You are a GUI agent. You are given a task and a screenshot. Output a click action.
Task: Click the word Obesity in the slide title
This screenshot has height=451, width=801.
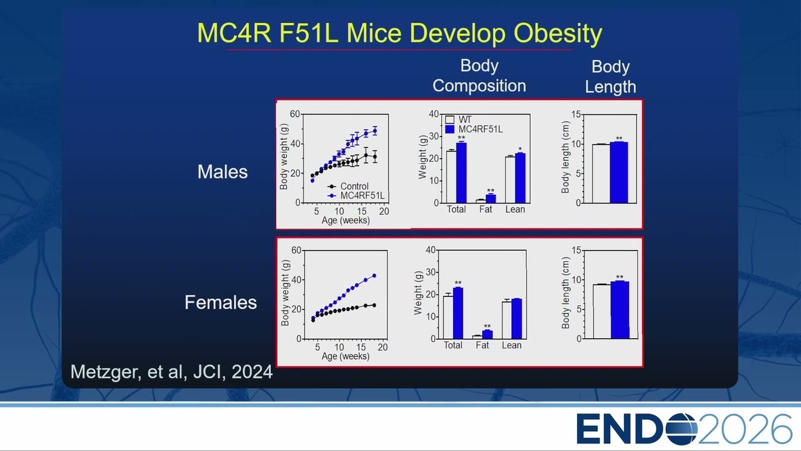pos(558,34)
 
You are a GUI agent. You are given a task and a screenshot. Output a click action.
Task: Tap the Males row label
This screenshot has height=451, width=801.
pos(222,172)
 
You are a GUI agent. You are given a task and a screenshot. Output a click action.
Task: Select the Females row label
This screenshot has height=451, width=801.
pos(221,303)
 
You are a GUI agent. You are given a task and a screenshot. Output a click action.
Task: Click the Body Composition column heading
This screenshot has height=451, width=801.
pos(479,76)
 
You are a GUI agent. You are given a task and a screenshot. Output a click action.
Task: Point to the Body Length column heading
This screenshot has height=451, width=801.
pos(610,76)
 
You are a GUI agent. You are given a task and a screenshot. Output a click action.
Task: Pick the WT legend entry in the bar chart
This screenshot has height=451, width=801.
pos(459,120)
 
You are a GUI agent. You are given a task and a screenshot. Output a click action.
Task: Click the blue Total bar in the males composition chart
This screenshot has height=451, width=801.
pos(461,173)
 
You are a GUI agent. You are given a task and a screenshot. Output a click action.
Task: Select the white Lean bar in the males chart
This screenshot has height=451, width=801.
pos(510,180)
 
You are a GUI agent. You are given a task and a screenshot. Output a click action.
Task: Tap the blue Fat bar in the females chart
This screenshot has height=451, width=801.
pos(487,334)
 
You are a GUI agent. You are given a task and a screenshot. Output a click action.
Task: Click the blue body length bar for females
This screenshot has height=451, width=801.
pos(620,310)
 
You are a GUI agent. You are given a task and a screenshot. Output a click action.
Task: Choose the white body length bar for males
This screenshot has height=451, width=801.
pos(601,174)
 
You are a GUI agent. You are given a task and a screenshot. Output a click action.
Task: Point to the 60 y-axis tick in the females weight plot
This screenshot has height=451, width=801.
pos(297,250)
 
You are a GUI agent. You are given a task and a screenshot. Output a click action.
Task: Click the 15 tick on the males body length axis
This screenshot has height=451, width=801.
pos(576,115)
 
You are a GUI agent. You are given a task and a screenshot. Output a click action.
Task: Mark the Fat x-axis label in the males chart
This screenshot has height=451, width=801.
pos(486,209)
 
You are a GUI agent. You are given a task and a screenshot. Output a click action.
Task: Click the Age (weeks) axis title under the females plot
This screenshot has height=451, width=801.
pos(345,356)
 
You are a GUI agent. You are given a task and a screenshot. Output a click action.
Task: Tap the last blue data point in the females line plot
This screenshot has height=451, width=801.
pos(374,276)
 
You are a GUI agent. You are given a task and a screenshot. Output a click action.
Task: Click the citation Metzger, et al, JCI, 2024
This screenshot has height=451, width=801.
pos(171,372)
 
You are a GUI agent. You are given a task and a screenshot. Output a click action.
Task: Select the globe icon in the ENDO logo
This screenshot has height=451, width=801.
pos(681,429)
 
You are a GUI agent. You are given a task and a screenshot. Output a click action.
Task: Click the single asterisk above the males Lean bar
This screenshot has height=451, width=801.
pos(520,149)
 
